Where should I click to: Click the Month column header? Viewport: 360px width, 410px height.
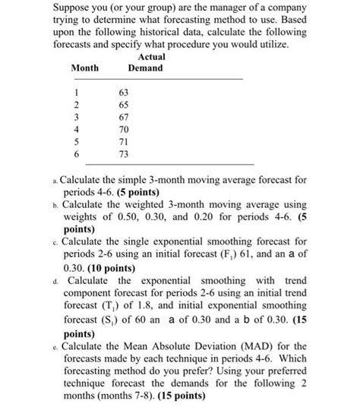[84, 68]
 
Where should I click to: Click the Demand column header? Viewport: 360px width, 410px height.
[145, 68]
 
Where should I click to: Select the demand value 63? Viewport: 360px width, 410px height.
[125, 92]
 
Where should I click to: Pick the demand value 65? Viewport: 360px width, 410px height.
[125, 104]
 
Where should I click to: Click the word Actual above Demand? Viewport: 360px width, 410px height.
[152, 57]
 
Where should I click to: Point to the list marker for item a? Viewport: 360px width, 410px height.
[55, 181]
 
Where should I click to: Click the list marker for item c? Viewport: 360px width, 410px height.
[55, 239]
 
